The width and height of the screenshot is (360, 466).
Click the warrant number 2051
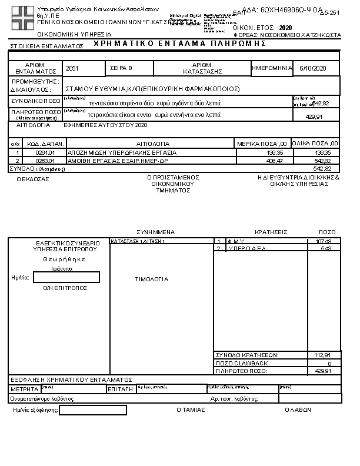click(72, 68)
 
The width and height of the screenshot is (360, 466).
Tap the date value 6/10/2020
click(312, 68)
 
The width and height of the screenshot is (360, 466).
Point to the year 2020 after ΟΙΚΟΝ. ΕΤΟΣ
click(285, 28)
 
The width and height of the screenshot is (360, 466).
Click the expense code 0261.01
click(45, 152)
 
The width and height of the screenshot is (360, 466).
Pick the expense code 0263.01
click(45, 160)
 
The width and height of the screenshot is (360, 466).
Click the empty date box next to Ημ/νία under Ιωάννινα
click(66, 277)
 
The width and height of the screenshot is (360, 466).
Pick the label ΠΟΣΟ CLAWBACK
click(242, 363)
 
